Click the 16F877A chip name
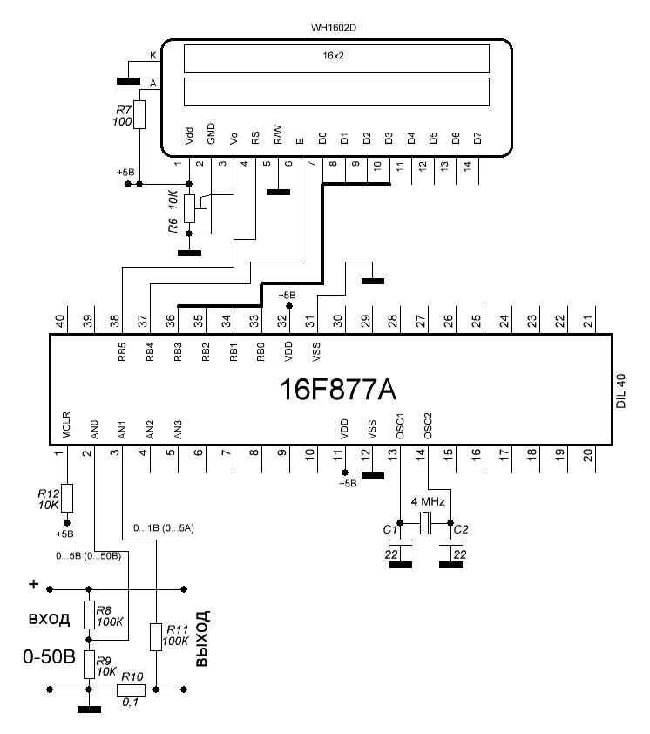(338, 390)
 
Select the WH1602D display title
(334, 28)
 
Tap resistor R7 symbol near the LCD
(139, 114)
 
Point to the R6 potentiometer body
(189, 208)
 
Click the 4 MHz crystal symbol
(425, 523)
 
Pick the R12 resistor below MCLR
(67, 498)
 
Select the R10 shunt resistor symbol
(131, 690)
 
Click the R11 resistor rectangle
(156, 636)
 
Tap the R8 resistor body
(90, 615)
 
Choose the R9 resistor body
(90, 665)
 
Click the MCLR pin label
(66, 425)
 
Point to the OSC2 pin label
(428, 425)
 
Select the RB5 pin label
(122, 352)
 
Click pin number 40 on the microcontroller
(60, 321)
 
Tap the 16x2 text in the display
(333, 55)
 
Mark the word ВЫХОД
(202, 638)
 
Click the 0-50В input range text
(49, 657)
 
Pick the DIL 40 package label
(621, 391)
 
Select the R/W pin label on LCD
(278, 134)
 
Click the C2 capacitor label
(461, 529)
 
